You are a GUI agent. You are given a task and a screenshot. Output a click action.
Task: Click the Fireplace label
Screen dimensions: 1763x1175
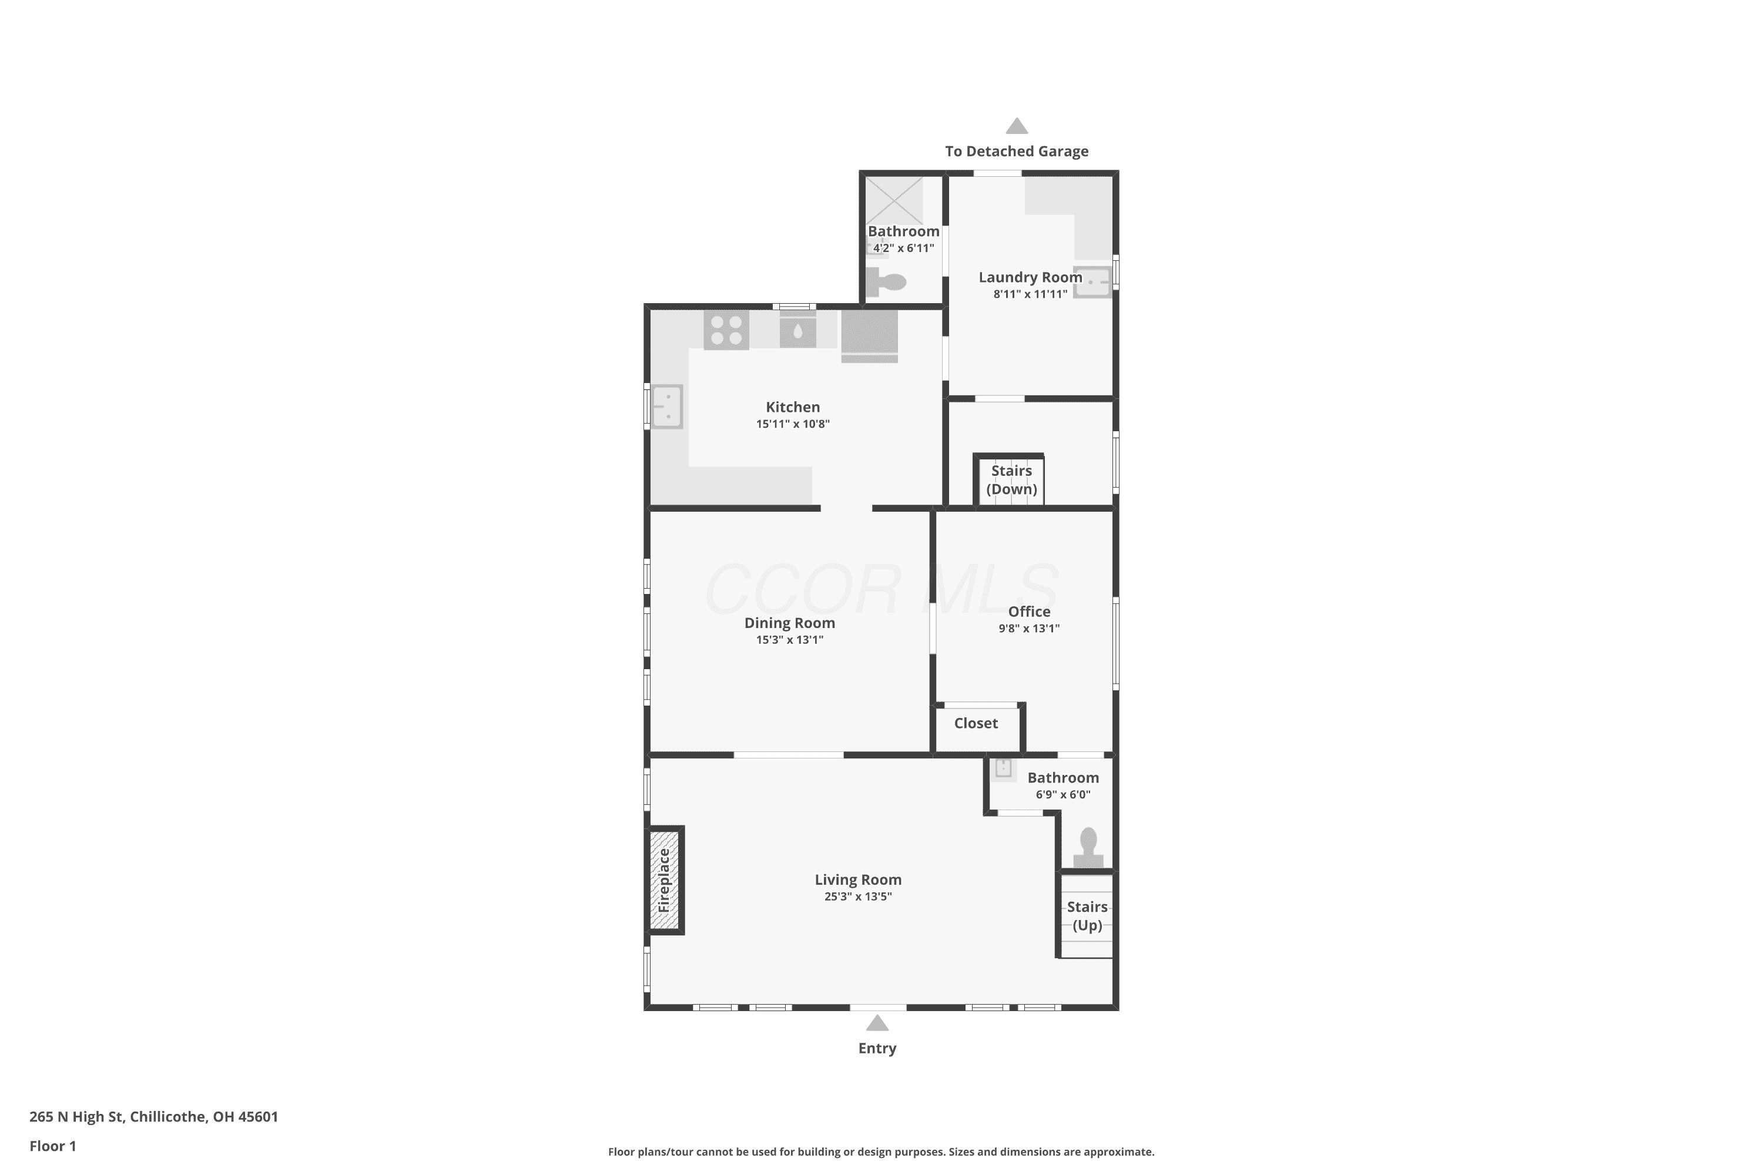coord(663,879)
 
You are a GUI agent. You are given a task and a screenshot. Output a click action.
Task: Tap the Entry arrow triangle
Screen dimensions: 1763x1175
coord(877,1023)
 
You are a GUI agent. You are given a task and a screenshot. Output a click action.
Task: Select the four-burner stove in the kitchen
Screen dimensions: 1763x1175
coord(726,330)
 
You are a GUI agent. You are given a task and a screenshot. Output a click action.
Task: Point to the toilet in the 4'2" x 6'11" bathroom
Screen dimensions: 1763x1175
coord(887,283)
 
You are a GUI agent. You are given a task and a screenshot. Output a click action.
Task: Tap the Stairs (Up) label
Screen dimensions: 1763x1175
coord(1087,916)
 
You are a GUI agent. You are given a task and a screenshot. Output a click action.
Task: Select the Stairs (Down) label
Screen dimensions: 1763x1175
coord(1011,479)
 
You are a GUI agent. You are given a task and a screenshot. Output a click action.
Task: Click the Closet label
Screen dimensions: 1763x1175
coord(976,723)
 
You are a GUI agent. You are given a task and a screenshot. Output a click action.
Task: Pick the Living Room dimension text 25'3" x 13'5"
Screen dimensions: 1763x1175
coord(858,897)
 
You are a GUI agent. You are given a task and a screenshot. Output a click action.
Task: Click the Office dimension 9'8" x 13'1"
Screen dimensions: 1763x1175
coord(1029,628)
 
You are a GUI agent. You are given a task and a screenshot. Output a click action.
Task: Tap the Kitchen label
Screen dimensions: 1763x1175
coord(793,407)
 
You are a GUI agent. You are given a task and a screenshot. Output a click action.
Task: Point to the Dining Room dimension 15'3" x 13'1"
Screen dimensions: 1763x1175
coord(789,639)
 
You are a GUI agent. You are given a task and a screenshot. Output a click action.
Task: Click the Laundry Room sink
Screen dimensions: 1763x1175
coord(1093,282)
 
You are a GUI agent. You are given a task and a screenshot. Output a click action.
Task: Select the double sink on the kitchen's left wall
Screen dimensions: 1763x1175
coord(666,406)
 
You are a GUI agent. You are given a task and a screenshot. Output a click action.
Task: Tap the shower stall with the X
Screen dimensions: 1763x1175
coord(895,200)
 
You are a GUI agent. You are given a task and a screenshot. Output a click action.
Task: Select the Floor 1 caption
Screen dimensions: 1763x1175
coord(52,1146)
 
